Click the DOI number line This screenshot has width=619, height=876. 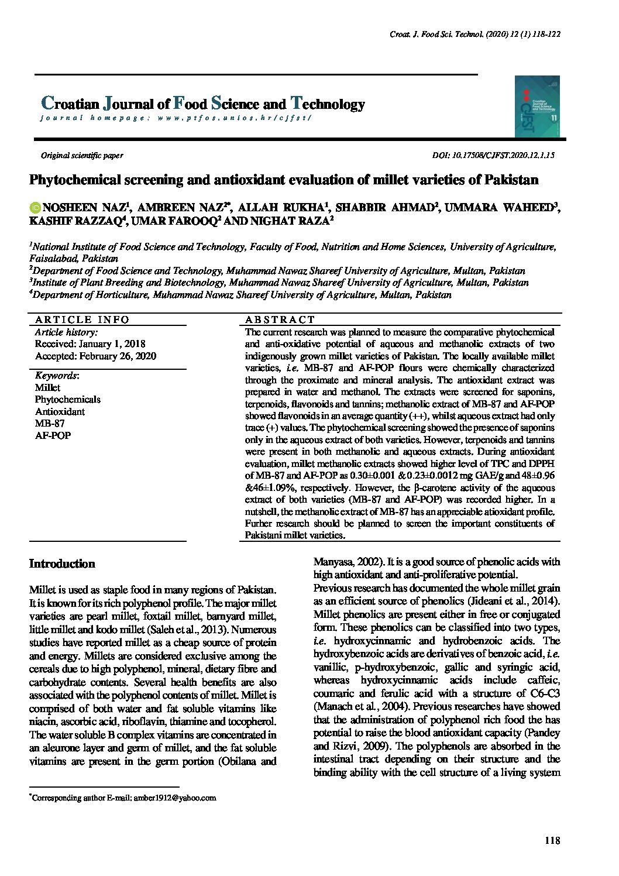[x=493, y=156]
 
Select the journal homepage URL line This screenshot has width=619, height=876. [x=176, y=118]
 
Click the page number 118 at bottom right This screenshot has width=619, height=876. [x=552, y=841]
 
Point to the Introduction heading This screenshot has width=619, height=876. [x=62, y=564]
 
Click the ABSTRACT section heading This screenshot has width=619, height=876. [x=280, y=320]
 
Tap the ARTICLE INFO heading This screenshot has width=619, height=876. [x=82, y=320]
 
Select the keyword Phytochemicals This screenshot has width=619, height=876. [x=67, y=400]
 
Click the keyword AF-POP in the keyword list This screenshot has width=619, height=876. [x=53, y=436]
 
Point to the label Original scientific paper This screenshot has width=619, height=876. [x=82, y=156]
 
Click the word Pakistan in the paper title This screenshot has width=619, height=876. [x=511, y=180]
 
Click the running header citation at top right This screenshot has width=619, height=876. [x=475, y=35]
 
